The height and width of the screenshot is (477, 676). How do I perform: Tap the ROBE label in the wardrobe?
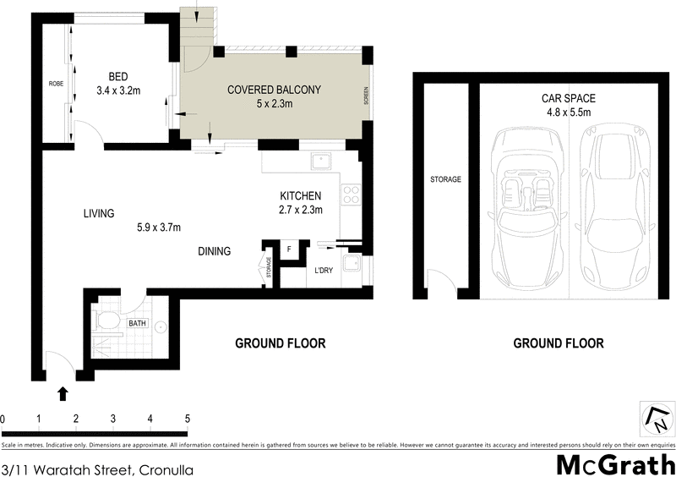[x=57, y=83]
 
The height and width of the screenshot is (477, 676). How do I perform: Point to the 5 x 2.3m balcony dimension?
[x=274, y=104]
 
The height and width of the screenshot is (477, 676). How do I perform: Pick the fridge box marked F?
[x=289, y=249]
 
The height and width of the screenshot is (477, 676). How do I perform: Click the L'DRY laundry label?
[x=325, y=271]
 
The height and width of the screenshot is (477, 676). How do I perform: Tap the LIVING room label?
[x=98, y=214]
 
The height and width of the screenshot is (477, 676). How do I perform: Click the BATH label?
[x=138, y=323]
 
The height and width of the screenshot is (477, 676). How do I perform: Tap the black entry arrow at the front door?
[x=63, y=392]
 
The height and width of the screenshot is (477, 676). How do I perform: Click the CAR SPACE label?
[x=565, y=97]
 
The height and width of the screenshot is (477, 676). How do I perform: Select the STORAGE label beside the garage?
[x=445, y=179]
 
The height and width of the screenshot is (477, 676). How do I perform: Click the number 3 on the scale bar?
[x=113, y=419]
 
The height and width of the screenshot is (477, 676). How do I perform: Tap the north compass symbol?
[x=655, y=417]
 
